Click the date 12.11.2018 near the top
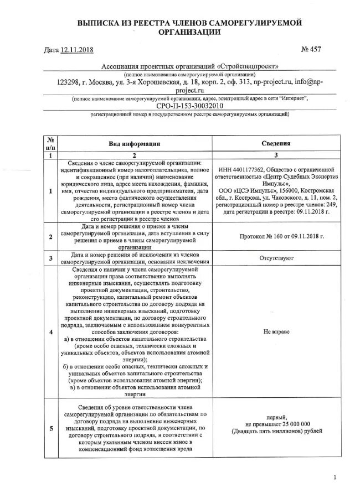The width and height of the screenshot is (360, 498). click(78, 50)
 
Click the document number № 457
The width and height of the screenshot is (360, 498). click(311, 50)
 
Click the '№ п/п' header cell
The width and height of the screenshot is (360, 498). click(50, 143)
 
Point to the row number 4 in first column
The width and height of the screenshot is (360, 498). click(50, 332)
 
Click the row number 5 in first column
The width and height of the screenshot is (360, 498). click(50, 427)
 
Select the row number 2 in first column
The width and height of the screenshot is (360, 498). click(50, 237)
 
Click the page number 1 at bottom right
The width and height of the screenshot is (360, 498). click(335, 477)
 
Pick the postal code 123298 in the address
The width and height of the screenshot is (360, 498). click(70, 81)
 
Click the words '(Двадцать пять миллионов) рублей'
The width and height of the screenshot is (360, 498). click(276, 431)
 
